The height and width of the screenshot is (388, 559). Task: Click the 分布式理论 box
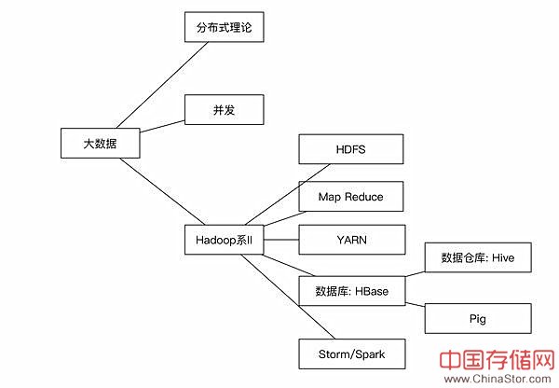(225, 29)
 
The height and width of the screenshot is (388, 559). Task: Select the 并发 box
(225, 109)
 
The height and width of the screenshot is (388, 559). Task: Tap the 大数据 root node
(99, 143)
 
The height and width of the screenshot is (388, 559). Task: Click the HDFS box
(351, 149)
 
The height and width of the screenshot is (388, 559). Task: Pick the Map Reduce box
(351, 197)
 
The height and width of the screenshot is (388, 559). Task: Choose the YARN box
(351, 240)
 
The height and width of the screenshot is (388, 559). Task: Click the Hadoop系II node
(225, 241)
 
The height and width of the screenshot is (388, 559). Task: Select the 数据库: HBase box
(351, 291)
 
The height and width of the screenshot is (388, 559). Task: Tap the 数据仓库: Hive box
(478, 257)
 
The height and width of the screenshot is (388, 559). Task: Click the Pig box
(478, 318)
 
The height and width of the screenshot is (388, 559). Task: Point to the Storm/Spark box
(351, 354)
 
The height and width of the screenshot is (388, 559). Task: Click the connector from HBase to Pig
(415, 301)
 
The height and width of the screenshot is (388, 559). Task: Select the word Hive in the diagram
(504, 257)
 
